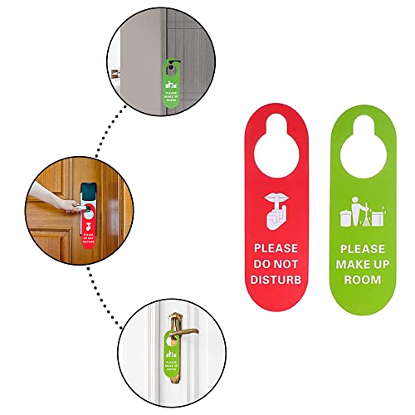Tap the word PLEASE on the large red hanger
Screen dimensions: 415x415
tap(279, 247)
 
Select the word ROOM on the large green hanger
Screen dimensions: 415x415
tap(362, 280)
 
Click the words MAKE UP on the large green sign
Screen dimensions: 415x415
tap(362, 264)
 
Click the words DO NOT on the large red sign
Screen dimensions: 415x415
tap(279, 263)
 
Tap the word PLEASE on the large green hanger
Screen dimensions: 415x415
tap(362, 248)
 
